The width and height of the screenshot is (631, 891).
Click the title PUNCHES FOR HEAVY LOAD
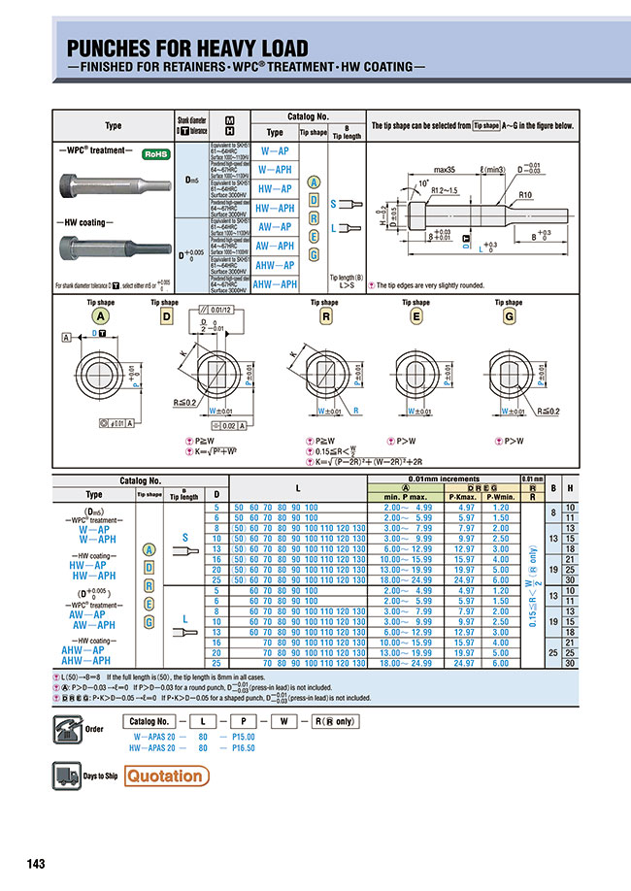click(186, 48)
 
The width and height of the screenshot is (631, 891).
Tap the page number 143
click(36, 863)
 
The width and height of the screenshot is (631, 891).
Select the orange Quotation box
click(166, 775)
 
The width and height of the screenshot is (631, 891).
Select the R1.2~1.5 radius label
click(446, 192)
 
